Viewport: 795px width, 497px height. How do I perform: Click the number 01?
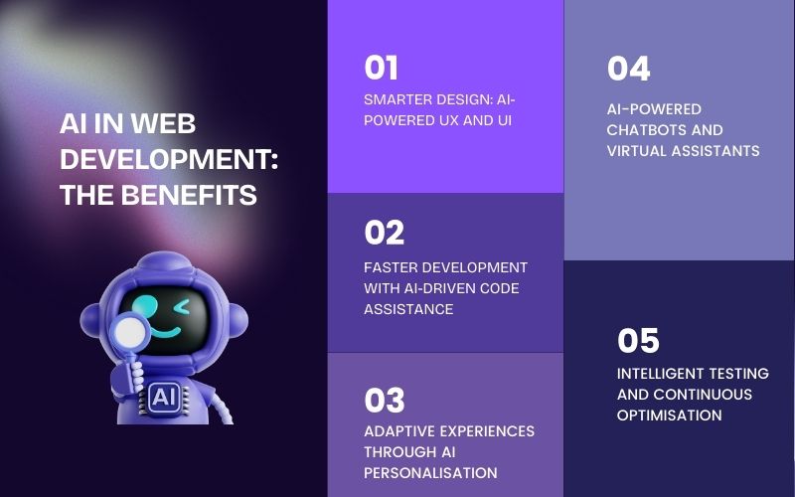point(381,69)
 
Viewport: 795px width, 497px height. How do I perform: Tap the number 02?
point(384,233)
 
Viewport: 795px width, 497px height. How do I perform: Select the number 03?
point(384,400)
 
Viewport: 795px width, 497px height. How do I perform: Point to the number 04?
point(628,69)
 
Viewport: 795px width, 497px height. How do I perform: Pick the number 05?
point(638,341)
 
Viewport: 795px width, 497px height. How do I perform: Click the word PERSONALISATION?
point(430,472)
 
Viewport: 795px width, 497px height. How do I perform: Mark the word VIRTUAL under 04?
point(638,151)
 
